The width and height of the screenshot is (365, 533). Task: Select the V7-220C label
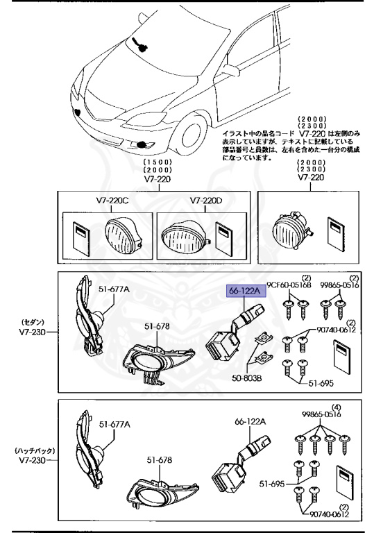(112, 201)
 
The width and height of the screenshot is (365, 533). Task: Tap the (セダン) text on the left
(28, 321)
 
